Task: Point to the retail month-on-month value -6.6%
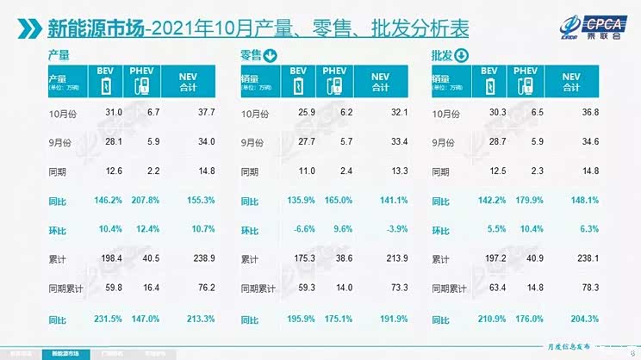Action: tap(295, 231)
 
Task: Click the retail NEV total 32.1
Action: tap(381, 114)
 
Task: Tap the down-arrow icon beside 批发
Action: tap(461, 58)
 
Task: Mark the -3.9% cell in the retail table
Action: tap(381, 231)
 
